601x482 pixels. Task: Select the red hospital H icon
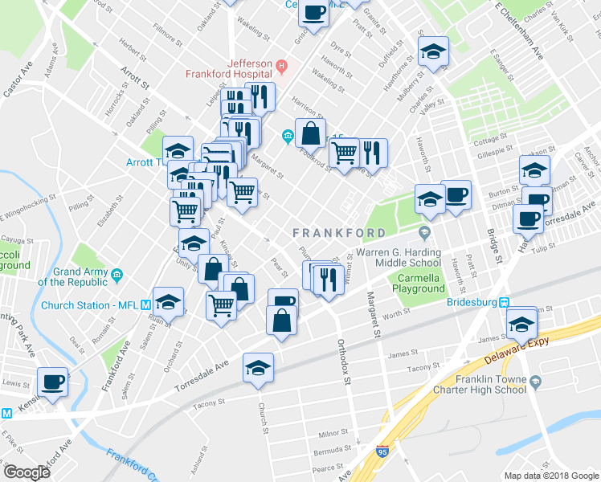(281, 64)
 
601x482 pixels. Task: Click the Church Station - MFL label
(88, 305)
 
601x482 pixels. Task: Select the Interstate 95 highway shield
(382, 455)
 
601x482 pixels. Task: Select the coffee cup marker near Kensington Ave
(53, 382)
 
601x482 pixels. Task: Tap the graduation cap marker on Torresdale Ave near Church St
(258, 368)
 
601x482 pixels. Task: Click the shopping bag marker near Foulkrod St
(311, 133)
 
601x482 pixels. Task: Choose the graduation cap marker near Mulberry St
(434, 53)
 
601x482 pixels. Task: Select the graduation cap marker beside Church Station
(168, 302)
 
